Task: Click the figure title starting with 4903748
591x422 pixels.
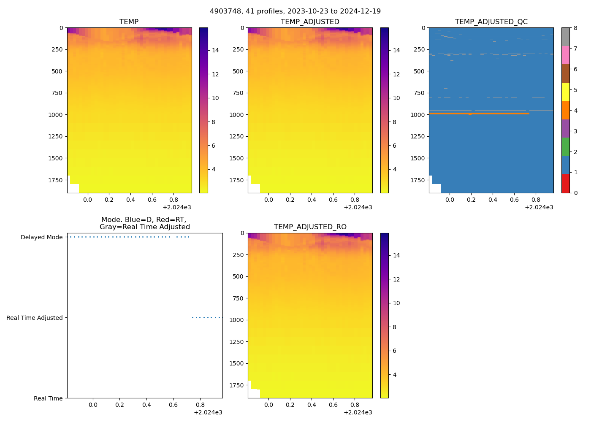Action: pyautogui.click(x=295, y=11)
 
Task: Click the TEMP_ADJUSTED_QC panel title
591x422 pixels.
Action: pyautogui.click(x=491, y=22)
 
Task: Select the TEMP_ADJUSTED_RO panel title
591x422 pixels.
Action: pyautogui.click(x=310, y=227)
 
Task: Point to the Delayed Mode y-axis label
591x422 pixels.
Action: pyautogui.click(x=41, y=237)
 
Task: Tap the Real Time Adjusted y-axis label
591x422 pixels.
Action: pyautogui.click(x=34, y=318)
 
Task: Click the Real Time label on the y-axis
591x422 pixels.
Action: pyautogui.click(x=48, y=398)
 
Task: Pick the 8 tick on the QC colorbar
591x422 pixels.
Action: pyautogui.click(x=575, y=28)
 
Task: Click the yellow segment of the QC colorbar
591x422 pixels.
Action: pyautogui.click(x=565, y=92)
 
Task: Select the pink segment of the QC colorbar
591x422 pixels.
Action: pyautogui.click(x=565, y=55)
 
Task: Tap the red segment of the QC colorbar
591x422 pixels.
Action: pyautogui.click(x=565, y=184)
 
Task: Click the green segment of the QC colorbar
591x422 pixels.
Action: pyautogui.click(x=565, y=147)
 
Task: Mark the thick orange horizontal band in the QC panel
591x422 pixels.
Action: pyautogui.click(x=479, y=114)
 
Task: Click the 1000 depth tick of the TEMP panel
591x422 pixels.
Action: pyautogui.click(x=55, y=115)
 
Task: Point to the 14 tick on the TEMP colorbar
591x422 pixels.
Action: pyautogui.click(x=215, y=50)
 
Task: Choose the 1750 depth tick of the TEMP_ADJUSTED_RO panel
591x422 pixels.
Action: pyautogui.click(x=236, y=385)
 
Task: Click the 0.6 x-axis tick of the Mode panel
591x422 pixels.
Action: pyautogui.click(x=174, y=405)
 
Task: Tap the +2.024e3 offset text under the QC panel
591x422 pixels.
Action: pyautogui.click(x=539, y=207)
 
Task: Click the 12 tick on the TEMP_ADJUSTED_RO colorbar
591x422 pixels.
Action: pyautogui.click(x=396, y=279)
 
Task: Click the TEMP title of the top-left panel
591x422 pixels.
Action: pyautogui.click(x=129, y=22)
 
